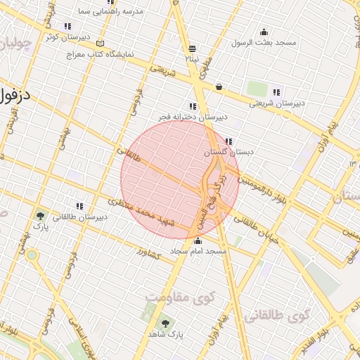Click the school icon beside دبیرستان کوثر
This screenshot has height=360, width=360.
(x=67, y=26)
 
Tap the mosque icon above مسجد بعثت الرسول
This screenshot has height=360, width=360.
(x=264, y=32)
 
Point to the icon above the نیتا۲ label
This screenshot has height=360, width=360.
(x=192, y=49)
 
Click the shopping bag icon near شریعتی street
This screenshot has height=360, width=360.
(x=219, y=87)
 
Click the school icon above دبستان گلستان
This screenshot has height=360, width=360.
(x=229, y=141)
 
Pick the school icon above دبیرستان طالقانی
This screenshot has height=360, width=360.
(x=79, y=206)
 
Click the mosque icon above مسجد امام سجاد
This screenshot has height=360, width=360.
(x=197, y=241)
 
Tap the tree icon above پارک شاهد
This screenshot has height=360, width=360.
(x=165, y=323)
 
